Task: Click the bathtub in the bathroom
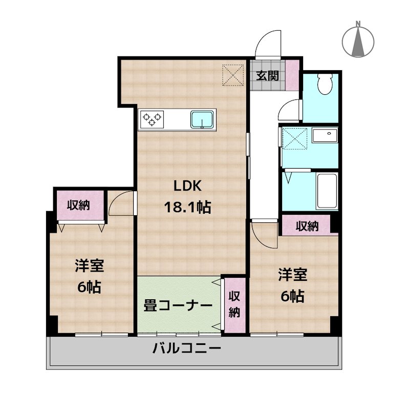point(327,191)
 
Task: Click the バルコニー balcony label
point(187,350)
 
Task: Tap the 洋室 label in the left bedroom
point(90,266)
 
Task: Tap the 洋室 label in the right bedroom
point(292,275)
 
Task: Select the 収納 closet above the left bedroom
point(80,205)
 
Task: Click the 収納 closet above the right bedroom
point(307,225)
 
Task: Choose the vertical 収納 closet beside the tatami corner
point(234,304)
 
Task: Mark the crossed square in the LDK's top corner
point(233,75)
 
